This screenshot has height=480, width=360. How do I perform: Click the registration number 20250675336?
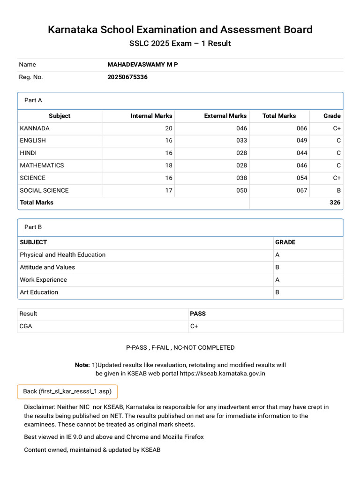127,77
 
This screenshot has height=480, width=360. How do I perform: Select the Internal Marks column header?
151,116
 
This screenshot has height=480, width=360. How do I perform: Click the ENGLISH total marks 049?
302,141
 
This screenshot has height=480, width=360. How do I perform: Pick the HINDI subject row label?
28,153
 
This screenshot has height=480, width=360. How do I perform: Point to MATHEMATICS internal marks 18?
169,165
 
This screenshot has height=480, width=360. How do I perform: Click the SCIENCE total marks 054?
302,178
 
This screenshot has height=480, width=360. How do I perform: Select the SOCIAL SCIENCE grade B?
339,190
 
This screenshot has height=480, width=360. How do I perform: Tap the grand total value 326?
335,202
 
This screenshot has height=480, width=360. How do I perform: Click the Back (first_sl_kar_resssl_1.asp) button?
67,391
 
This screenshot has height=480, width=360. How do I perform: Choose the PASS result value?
198,314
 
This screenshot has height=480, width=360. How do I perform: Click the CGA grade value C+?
194,326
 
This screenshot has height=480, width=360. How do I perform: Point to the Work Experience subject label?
43,280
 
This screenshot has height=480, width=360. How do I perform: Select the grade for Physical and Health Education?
277,255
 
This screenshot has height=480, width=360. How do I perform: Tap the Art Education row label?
39,292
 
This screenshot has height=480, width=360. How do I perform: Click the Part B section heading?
33,227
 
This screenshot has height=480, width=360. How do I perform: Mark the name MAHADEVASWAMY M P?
142,65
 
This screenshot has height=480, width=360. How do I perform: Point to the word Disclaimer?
40,407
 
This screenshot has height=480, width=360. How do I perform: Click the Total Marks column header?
279,116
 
